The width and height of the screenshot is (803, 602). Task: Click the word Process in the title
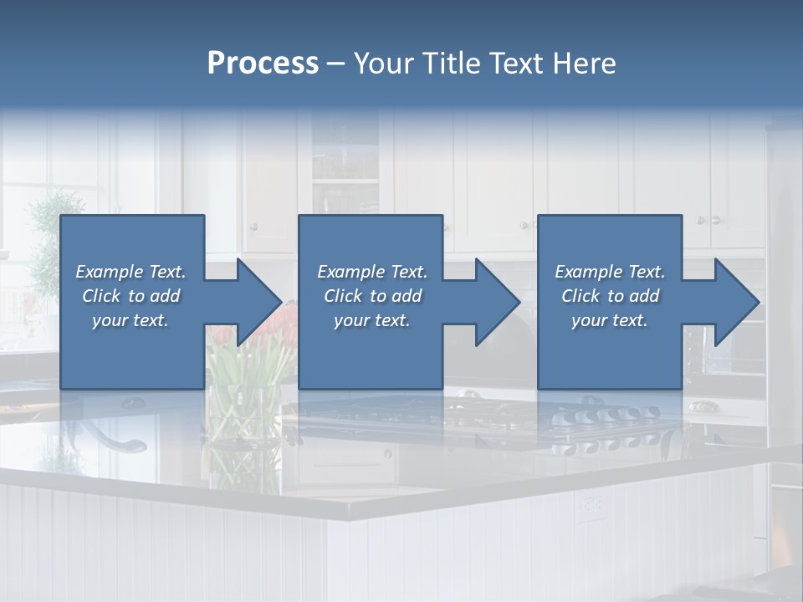[x=263, y=64]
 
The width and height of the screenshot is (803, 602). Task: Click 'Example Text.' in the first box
[x=130, y=272]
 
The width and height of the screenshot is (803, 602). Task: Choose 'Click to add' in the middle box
[x=372, y=296]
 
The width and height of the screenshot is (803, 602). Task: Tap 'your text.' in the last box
[x=610, y=320]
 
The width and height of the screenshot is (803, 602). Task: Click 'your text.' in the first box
[x=130, y=320]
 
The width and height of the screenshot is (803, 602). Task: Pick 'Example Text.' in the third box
[x=610, y=272]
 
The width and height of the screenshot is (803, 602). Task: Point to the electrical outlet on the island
[x=592, y=504]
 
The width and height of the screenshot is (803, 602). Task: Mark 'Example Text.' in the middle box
[x=372, y=272]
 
